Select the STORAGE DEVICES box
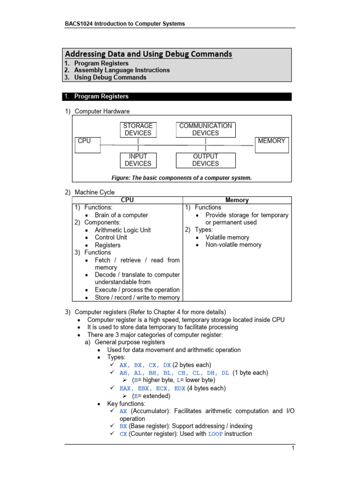pyautogui.click(x=138, y=129)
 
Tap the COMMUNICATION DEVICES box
pyautogui.click(x=205, y=129)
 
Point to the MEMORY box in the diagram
pyautogui.click(x=271, y=145)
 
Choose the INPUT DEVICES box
pyautogui.click(x=138, y=160)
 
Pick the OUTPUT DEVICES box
pyautogui.click(x=205, y=160)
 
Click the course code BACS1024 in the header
pyautogui.click(x=79, y=23)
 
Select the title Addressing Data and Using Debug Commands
pyautogui.click(x=149, y=54)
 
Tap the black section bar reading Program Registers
pyautogui.click(x=178, y=97)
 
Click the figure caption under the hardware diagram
pyautogui.click(x=181, y=178)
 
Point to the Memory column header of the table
pyautogui.click(x=237, y=200)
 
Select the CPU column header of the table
pyautogui.click(x=127, y=200)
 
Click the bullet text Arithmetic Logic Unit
pyautogui.click(x=123, y=230)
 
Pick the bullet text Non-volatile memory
pyautogui.click(x=233, y=245)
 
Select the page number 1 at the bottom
pyautogui.click(x=292, y=449)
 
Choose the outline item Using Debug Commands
pyautogui.click(x=110, y=77)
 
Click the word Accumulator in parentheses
pyautogui.click(x=149, y=411)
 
